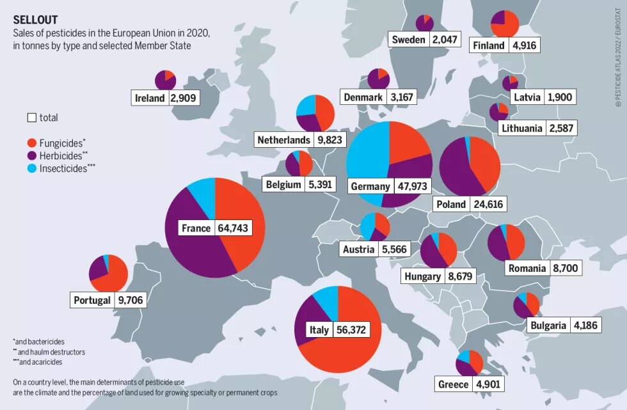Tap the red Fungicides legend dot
[31, 143]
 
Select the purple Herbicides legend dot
[31, 155]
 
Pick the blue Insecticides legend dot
[31, 168]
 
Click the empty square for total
[31, 118]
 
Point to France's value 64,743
[233, 228]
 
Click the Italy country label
[319, 329]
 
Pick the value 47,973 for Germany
[412, 186]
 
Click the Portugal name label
[92, 299]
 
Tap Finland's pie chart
[504, 24]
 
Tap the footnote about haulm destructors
[49, 352]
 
